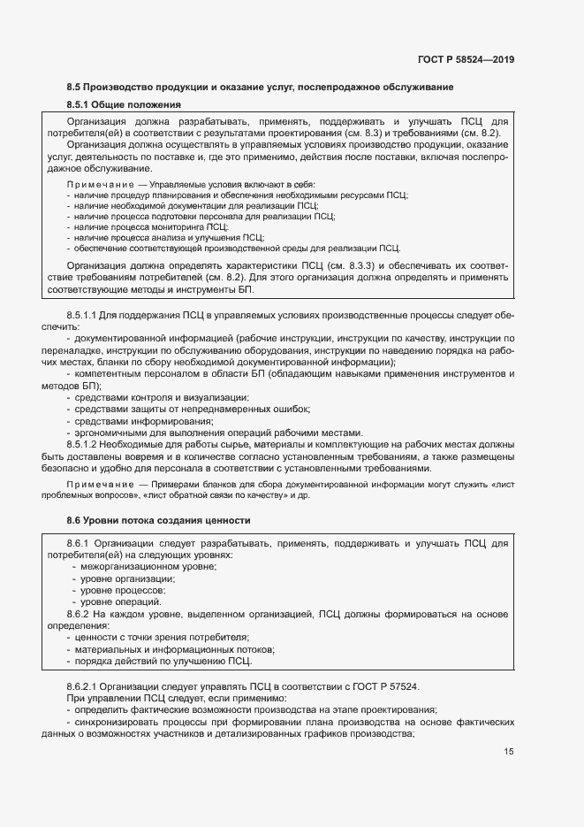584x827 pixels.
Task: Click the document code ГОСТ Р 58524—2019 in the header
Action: click(x=465, y=60)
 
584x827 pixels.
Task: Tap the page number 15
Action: click(x=509, y=752)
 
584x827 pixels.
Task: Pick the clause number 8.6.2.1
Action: click(x=86, y=685)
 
